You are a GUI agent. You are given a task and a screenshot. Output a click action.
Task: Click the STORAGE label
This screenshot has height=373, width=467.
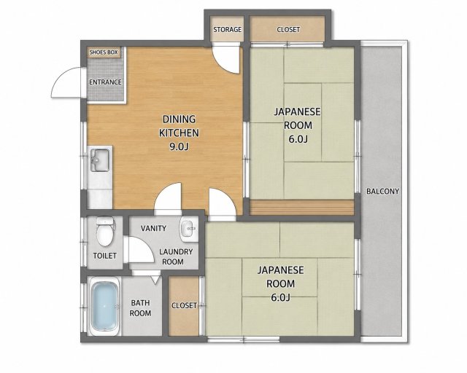coord(227,29)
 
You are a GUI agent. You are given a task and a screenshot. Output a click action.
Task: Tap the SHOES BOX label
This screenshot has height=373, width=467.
coord(104,52)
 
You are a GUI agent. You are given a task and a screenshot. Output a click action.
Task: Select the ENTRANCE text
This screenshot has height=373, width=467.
coord(105,82)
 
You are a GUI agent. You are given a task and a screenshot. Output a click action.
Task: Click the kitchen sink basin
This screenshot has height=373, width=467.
coord(100,160)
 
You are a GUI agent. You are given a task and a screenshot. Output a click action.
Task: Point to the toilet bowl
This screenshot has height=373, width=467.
coord(105,232)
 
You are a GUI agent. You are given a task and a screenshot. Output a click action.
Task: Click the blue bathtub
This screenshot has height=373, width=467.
coord(104,307)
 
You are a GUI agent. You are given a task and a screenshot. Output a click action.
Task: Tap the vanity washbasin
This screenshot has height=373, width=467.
coord(188,228)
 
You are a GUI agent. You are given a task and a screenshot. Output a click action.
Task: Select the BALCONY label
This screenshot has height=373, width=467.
coord(382,192)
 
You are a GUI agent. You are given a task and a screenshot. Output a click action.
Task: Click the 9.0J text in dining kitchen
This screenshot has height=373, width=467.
coord(180,146)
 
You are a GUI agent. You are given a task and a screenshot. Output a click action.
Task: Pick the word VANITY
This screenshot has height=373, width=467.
coord(153,229)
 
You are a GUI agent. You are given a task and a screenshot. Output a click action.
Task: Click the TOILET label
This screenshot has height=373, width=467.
coord(105,256)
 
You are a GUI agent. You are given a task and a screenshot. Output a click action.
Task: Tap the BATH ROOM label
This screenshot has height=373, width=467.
coord(141,308)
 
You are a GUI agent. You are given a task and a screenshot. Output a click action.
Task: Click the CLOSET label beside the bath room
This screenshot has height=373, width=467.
coord(184,305)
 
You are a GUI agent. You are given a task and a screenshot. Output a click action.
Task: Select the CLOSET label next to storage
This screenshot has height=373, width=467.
coord(288,30)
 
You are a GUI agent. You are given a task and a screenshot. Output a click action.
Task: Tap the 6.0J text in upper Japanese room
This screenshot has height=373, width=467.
coord(298,139)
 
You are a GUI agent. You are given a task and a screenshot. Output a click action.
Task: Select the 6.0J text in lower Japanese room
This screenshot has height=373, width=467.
coord(280,297)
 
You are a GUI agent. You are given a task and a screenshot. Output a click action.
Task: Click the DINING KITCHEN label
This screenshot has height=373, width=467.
coord(179,126)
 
